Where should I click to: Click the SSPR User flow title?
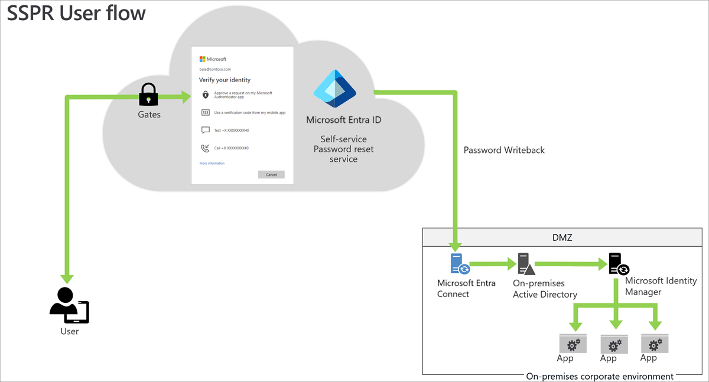tap(76, 13)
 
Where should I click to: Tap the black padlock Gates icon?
tap(148, 94)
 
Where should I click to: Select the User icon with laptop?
tap(69, 306)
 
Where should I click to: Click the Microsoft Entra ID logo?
tap(334, 89)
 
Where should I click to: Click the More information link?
tap(212, 163)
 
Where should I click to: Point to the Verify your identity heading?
tap(225, 80)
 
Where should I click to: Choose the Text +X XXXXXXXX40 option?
tap(231, 130)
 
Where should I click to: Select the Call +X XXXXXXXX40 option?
tap(231, 148)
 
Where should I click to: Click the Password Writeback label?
tap(504, 150)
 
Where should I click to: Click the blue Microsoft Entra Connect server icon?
tap(460, 264)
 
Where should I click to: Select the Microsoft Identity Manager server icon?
tap(618, 264)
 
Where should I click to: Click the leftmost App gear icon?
tap(572, 343)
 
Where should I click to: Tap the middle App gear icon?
tap(614, 344)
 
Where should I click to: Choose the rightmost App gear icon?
tap(654, 343)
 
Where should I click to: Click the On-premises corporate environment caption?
tap(600, 376)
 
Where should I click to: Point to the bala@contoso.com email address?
tap(215, 69)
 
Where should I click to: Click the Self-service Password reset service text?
tap(343, 149)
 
